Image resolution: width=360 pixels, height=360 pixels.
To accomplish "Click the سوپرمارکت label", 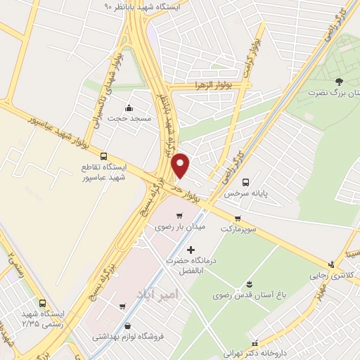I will point(238,229).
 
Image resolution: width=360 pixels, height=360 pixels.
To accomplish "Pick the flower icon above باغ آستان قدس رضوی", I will point(250,284).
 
